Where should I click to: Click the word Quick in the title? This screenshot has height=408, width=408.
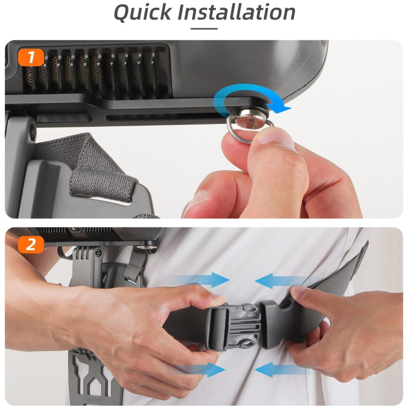coord(143,13)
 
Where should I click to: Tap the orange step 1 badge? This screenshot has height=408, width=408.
coord(30,57)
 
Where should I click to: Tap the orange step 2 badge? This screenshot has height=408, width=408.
coord(30,244)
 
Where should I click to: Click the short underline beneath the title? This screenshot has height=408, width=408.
coord(204,29)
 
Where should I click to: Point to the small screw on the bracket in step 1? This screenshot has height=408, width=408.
coord(33,131)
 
